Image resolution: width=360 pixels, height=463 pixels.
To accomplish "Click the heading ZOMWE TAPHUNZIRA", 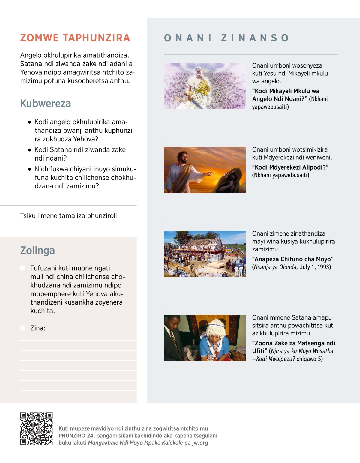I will (75, 38).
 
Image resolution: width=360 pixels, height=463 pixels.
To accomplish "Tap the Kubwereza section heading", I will (46, 104).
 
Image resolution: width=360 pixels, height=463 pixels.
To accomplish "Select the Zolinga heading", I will (37, 250).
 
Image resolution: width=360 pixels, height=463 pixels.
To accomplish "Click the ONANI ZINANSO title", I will (227, 38).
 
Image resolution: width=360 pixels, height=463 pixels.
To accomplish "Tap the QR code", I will (36, 428).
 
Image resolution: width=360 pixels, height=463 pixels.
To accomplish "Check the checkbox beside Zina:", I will (23, 328).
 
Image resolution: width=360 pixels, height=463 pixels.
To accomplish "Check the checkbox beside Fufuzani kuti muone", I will (23, 268).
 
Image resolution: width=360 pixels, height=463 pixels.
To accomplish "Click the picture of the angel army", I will (205, 86).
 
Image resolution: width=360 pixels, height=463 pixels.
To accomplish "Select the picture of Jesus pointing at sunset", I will (205, 170).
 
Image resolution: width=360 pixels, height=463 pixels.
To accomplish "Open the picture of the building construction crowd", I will (205, 254).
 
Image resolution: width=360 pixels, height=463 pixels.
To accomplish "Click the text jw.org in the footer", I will (200, 443).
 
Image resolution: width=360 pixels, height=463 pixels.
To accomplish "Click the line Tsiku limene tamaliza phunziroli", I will (68, 216).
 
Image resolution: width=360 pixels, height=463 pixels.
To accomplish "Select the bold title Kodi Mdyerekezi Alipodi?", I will (290, 167).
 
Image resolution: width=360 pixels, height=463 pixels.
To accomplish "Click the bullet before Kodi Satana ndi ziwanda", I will (29, 150).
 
